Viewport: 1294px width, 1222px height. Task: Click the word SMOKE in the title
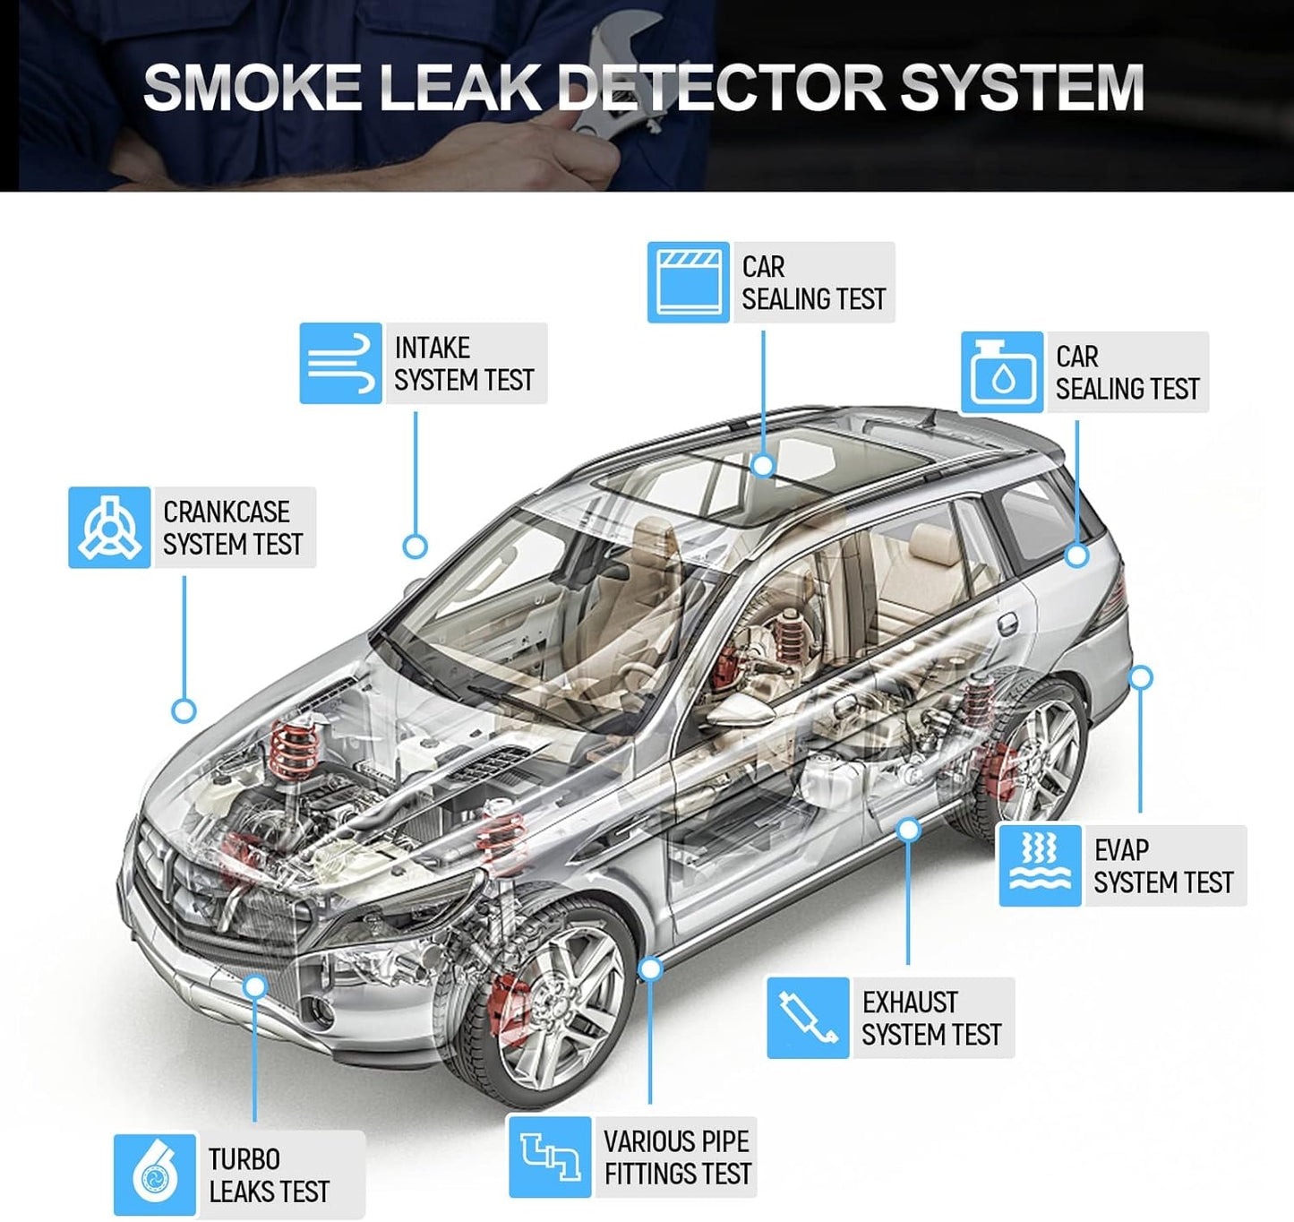(x=252, y=88)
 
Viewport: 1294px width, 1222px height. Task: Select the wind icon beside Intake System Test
(x=340, y=364)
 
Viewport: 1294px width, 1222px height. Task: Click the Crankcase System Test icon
(x=109, y=528)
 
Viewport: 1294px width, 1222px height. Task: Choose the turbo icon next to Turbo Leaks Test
(x=154, y=1175)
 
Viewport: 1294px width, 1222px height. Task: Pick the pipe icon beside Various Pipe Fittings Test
(x=550, y=1157)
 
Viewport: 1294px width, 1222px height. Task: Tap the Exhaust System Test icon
(x=808, y=1018)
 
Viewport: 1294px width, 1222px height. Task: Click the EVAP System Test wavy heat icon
(x=1040, y=865)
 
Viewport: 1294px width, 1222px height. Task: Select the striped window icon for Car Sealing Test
(x=688, y=282)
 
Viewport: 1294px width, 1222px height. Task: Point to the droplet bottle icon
(x=1002, y=373)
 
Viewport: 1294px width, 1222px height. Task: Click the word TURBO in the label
(x=244, y=1159)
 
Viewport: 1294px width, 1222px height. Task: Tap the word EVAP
(x=1121, y=849)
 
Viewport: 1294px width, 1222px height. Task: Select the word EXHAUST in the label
(x=910, y=1002)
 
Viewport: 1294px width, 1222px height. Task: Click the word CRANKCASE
(x=227, y=512)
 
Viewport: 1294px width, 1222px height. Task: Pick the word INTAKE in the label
(x=433, y=348)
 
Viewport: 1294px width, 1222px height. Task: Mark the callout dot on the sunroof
(x=763, y=465)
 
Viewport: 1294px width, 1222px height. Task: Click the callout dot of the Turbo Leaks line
(x=255, y=986)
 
